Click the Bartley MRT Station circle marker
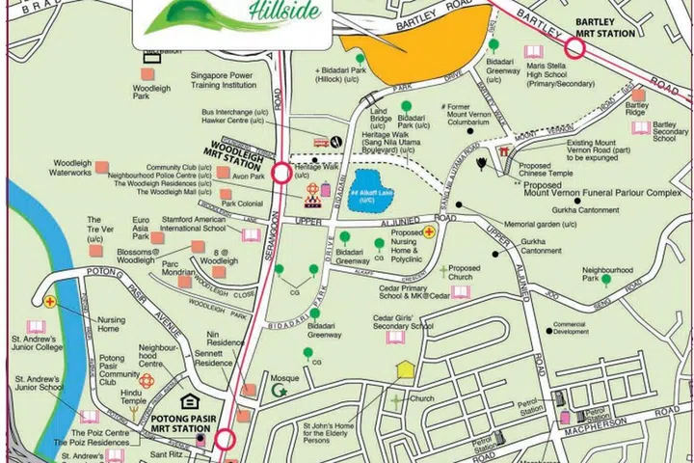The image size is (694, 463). [x=575, y=47]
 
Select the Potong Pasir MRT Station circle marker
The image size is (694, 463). [x=225, y=441]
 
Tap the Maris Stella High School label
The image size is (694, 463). [x=559, y=74]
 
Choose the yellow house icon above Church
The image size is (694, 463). [x=406, y=369]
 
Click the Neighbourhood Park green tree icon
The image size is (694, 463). [x=606, y=281]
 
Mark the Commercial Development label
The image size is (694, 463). [x=569, y=328]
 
